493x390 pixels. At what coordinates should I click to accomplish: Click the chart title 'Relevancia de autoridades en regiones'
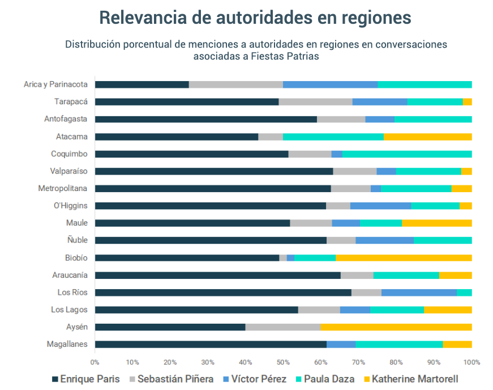pyautogui.click(x=255, y=17)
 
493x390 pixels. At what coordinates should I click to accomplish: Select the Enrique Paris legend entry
pyautogui.click(x=85, y=379)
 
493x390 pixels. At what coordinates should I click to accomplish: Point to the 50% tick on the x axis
pyautogui.click(x=283, y=362)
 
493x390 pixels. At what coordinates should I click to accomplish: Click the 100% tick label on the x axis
pyautogui.click(x=471, y=362)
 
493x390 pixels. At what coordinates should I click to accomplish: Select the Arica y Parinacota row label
pyautogui.click(x=55, y=84)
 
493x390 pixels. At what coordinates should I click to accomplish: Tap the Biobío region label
pyautogui.click(x=76, y=258)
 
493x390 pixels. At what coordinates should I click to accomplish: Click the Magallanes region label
pyautogui.click(x=68, y=344)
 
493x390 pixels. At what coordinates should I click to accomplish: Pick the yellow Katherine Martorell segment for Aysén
pyautogui.click(x=396, y=327)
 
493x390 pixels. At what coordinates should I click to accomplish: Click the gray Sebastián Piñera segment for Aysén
pyautogui.click(x=283, y=327)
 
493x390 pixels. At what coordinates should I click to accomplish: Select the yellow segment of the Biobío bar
pyautogui.click(x=404, y=258)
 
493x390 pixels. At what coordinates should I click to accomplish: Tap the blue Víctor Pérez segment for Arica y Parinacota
pyautogui.click(x=330, y=84)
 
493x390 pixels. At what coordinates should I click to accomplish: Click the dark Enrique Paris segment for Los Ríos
pyautogui.click(x=223, y=292)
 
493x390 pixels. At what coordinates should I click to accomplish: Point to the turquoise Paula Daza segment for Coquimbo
pyautogui.click(x=407, y=154)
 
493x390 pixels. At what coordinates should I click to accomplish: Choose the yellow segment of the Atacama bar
pyautogui.click(x=427, y=137)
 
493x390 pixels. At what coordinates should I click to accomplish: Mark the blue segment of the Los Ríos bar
pyautogui.click(x=419, y=292)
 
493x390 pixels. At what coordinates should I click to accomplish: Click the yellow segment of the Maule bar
pyautogui.click(x=436, y=223)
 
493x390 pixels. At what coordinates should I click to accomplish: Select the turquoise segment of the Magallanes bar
pyautogui.click(x=399, y=344)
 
